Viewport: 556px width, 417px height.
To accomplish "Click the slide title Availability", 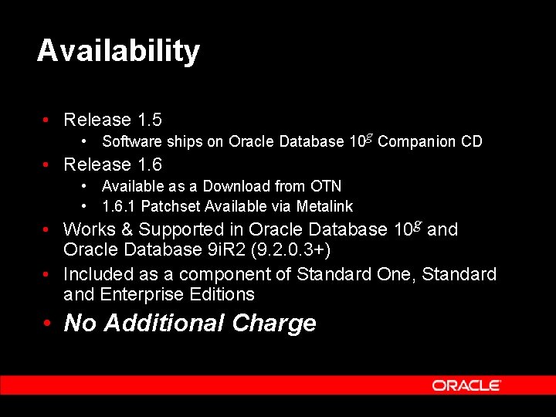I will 118,51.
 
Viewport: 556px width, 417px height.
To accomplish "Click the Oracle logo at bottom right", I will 466,385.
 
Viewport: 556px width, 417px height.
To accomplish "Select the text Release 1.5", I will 112,120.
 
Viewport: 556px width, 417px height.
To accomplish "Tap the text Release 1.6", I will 112,164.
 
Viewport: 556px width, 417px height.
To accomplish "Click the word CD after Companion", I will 472,141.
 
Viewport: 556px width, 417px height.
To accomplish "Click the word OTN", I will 326,186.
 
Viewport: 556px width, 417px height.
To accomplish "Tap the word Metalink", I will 324,206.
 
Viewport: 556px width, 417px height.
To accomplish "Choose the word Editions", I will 222,294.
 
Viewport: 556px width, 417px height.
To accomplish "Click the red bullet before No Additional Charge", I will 47,323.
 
